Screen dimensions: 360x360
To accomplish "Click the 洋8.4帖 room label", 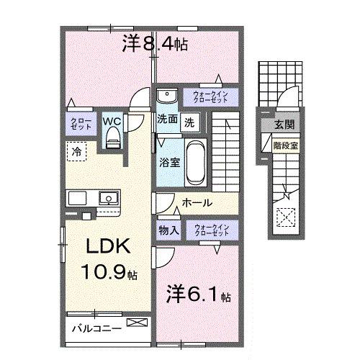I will click(x=155, y=44).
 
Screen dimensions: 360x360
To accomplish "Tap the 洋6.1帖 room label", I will click(x=197, y=294).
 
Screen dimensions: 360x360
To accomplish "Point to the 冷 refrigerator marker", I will click(x=76, y=151).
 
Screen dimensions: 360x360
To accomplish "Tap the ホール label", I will click(x=196, y=203).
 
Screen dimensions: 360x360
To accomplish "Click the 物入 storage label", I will click(x=168, y=230).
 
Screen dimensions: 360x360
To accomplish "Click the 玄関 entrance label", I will click(x=280, y=125).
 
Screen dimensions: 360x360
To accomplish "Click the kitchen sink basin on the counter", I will click(x=109, y=197).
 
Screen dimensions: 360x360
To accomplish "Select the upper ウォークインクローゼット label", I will click(x=212, y=96).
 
